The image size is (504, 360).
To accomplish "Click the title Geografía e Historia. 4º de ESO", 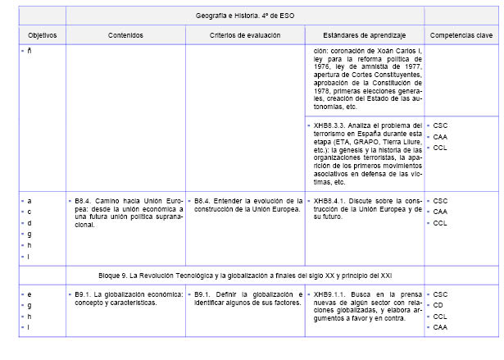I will point(245,16).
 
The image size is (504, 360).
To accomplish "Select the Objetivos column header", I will point(42,35).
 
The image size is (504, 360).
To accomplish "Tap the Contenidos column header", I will point(125,35).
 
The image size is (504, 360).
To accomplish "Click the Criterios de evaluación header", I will point(244,35).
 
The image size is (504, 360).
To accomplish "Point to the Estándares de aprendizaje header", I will point(364,35).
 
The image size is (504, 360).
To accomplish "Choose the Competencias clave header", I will point(461,35).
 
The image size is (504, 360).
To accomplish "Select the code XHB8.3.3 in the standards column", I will point(329,125).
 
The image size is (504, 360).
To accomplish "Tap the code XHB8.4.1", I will point(329,200).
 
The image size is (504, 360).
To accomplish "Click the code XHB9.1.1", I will point(329,294).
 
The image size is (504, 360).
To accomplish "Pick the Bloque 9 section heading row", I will point(245,271).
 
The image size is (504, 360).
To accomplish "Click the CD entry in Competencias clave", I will point(438,305).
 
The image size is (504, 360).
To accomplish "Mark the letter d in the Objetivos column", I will point(30,222).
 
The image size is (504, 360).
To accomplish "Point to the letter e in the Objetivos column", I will point(30,294).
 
